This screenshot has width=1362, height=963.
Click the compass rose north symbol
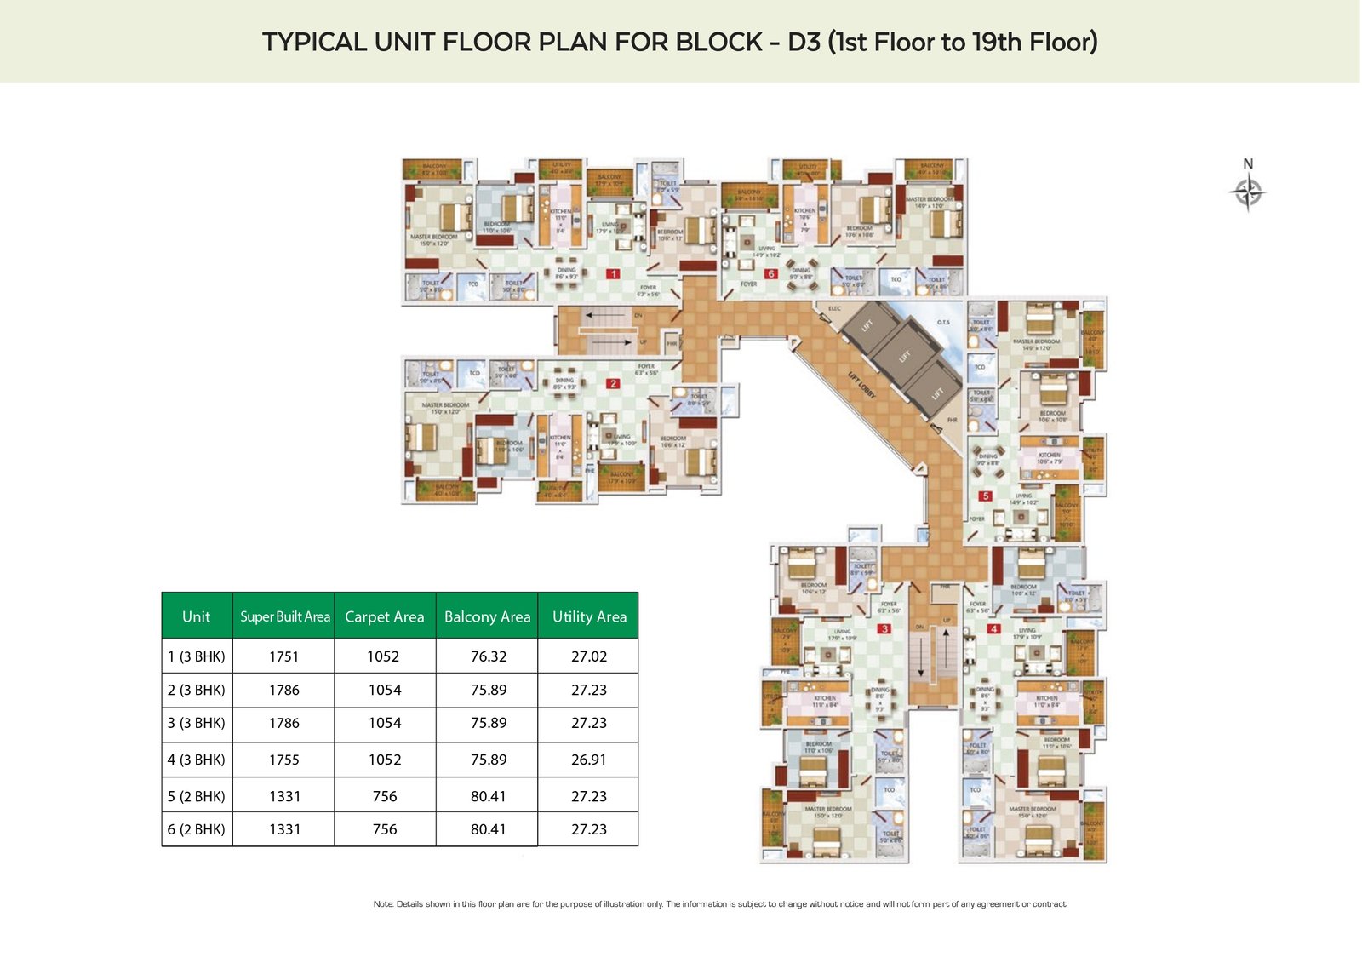coord(1248,191)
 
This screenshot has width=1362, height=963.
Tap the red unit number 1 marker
coord(613,274)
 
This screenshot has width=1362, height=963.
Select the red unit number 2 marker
coord(613,384)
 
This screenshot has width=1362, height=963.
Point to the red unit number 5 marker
coord(986,496)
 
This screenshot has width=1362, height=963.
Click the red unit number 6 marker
coord(771,274)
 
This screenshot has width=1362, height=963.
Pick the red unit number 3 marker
coord(885,629)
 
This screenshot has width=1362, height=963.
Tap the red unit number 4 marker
coord(993,629)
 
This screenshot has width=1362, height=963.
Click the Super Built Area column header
coord(284,616)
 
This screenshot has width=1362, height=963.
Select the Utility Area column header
coord(589,616)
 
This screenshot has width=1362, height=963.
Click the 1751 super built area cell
coord(284,656)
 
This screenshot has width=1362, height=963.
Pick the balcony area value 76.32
coord(489,656)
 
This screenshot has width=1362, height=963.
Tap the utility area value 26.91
coord(589,760)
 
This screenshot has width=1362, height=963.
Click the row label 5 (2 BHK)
coord(197,796)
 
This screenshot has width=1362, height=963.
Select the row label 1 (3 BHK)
coord(197,656)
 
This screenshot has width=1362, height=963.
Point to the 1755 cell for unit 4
coord(284,760)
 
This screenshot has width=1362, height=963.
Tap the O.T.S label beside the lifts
coord(943,323)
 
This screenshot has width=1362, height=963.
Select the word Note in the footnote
coord(383,904)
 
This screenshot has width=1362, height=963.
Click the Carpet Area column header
coord(385,616)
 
